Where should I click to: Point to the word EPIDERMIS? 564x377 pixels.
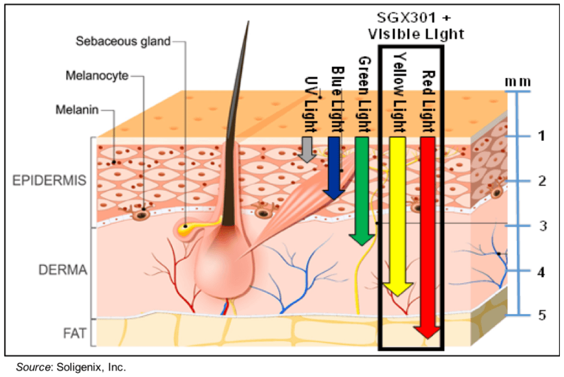point(49,180)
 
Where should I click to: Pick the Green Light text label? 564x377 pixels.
point(364,92)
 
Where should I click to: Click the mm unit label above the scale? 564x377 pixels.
point(518,81)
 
